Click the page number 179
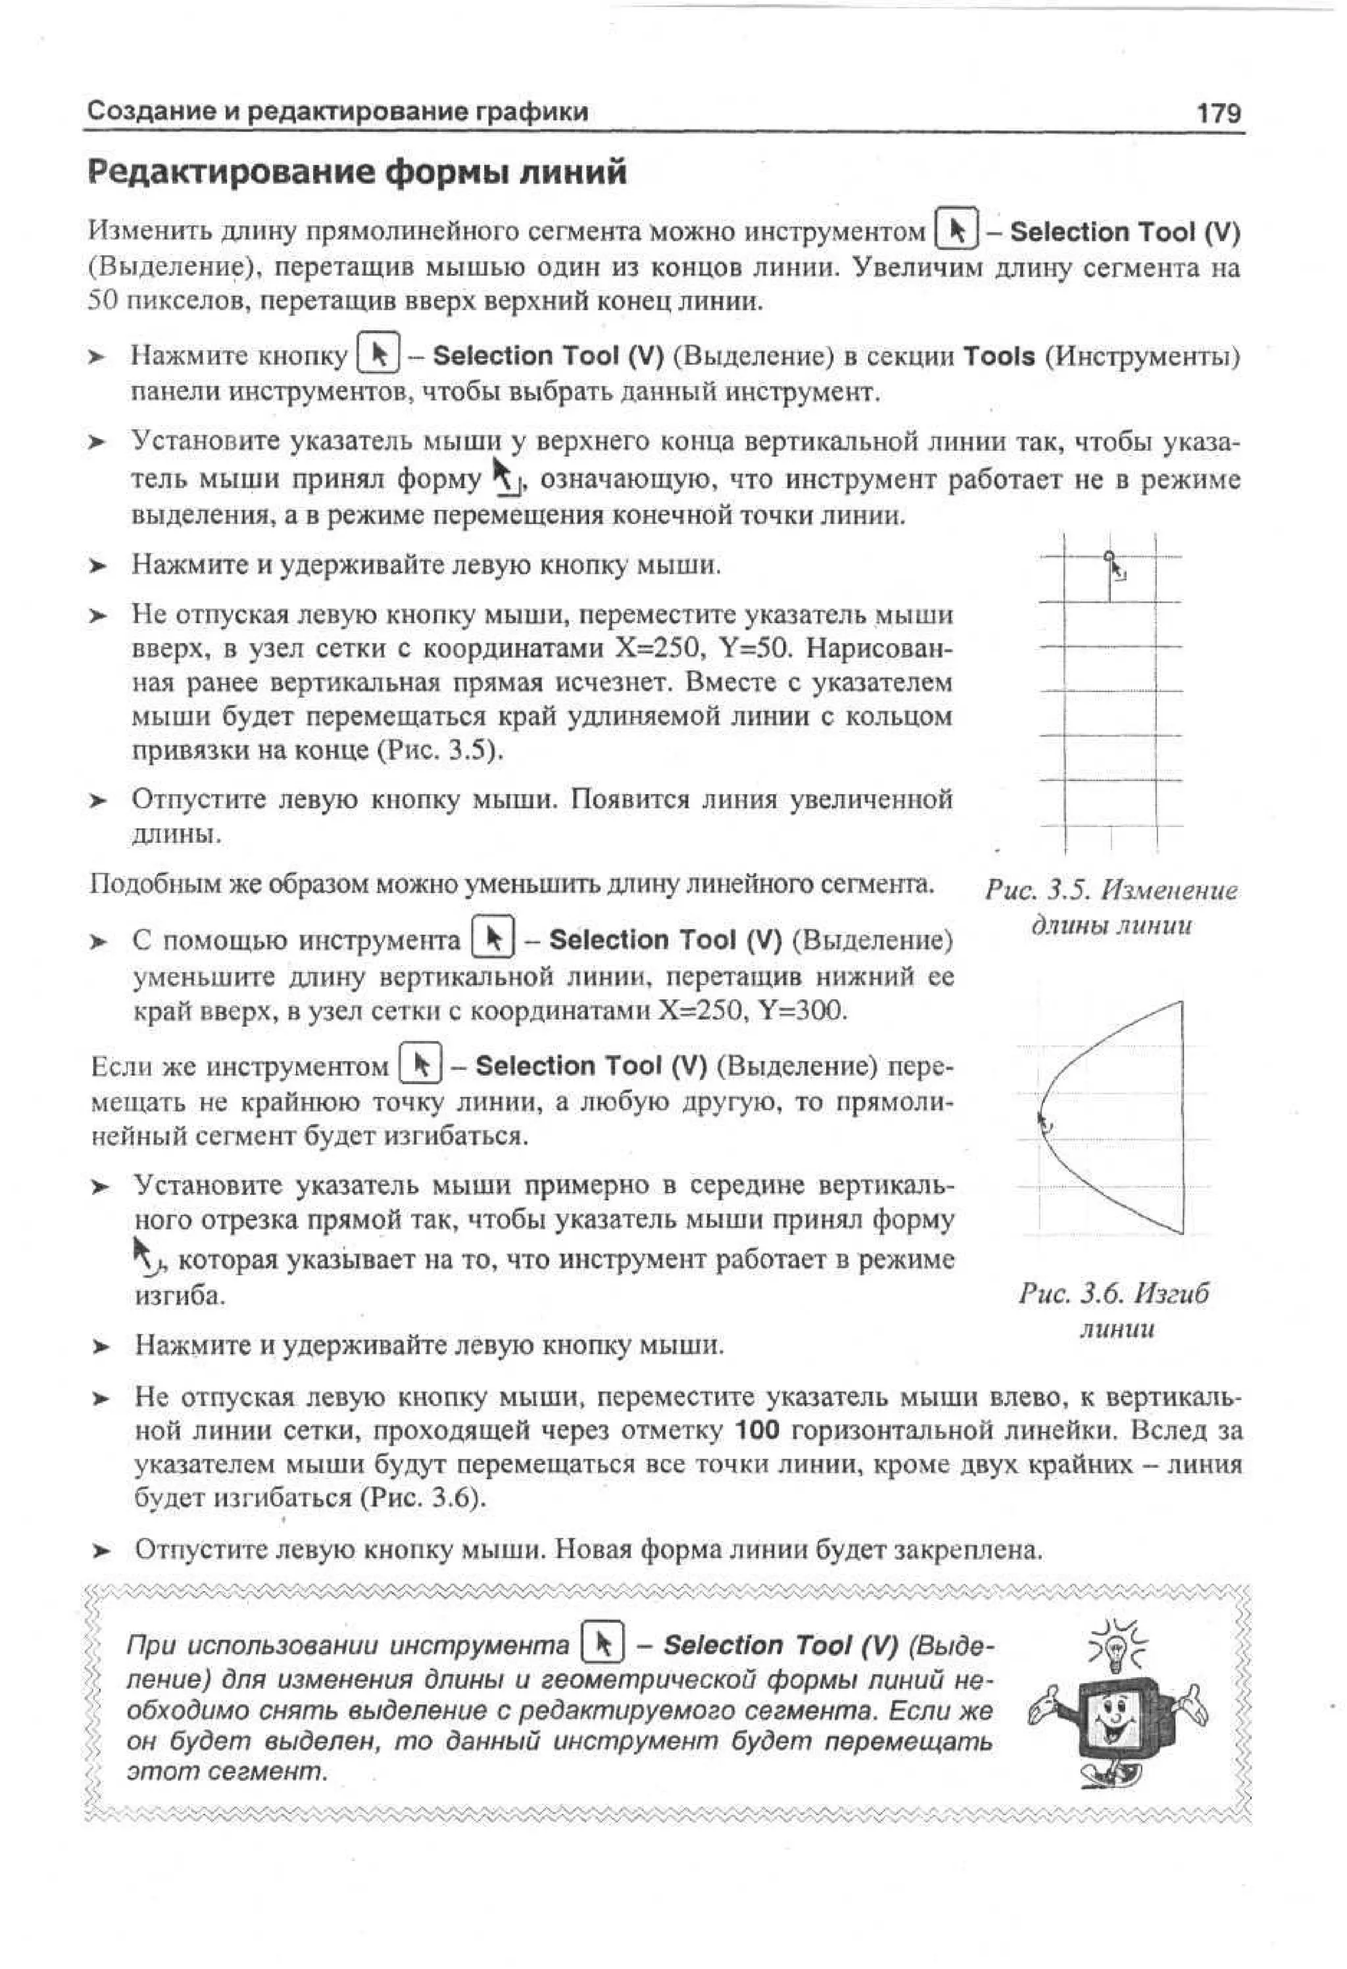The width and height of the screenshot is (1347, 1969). pos(1218,112)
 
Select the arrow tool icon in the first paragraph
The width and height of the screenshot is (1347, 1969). pos(958,231)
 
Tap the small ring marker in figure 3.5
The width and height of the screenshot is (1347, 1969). pos(1109,557)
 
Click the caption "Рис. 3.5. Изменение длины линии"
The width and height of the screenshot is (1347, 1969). pos(1110,907)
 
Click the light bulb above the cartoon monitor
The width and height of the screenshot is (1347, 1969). pos(1115,1646)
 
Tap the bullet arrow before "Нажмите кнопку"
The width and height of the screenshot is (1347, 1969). pos(99,358)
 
